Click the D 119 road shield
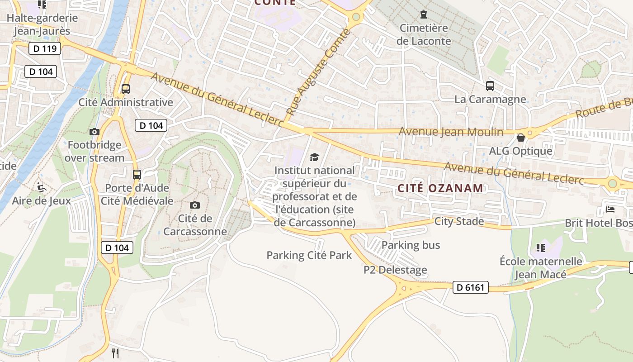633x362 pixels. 45,48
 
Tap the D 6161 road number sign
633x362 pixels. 470,287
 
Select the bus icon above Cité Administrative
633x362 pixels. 126,89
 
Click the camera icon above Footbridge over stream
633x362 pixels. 94,132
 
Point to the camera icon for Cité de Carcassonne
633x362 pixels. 195,205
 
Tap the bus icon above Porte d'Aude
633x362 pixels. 137,174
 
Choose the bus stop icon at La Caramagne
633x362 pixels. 490,86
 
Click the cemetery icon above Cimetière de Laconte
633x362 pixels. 424,15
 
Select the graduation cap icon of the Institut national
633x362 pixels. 314,157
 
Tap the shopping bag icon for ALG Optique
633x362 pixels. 520,138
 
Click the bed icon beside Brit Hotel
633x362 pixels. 610,210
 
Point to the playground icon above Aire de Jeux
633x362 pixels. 41,187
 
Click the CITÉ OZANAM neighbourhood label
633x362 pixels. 440,188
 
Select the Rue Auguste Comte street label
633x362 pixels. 318,71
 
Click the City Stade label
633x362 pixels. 459,221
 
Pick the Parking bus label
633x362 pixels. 411,245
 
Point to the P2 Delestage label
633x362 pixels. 395,270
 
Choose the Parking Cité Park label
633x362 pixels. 309,255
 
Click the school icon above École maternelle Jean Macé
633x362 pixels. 540,248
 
